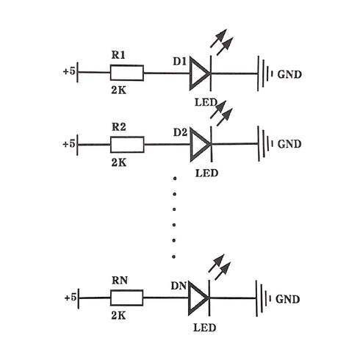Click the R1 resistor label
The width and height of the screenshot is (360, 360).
(x=118, y=55)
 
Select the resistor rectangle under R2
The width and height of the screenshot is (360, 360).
(x=127, y=145)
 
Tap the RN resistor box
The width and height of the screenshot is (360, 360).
(x=126, y=298)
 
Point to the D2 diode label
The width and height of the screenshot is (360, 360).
(x=180, y=132)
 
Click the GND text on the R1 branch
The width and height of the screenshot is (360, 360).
(x=289, y=74)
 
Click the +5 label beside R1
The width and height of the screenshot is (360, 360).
(x=69, y=71)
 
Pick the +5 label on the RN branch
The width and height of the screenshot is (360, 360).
(x=71, y=298)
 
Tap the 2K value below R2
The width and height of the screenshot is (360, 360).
(x=119, y=162)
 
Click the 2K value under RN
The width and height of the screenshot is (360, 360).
(x=118, y=316)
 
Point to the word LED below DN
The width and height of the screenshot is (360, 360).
(x=204, y=328)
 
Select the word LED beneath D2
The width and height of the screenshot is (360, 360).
(x=206, y=173)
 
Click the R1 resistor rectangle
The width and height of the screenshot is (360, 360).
(x=127, y=73)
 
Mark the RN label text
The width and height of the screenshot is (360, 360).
(x=120, y=281)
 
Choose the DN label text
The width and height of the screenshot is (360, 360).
(x=179, y=286)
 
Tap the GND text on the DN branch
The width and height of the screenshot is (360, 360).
(x=287, y=299)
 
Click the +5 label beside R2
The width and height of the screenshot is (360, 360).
(x=69, y=144)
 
